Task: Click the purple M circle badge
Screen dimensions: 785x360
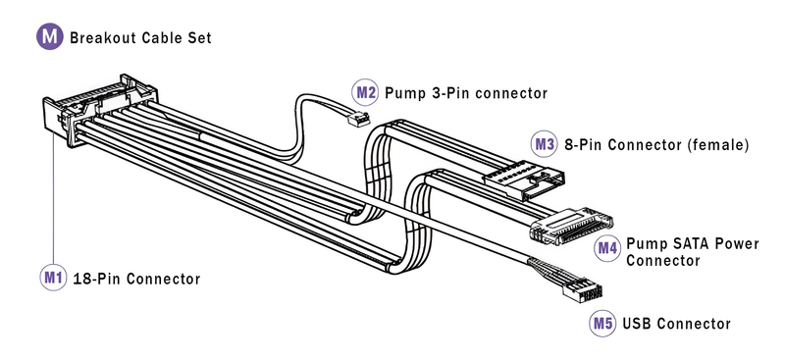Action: pos(50,36)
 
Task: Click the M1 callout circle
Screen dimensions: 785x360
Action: pos(53,278)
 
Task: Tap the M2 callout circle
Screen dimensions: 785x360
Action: pos(365,92)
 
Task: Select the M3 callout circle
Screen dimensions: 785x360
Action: pos(544,144)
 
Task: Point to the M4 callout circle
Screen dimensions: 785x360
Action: pos(606,248)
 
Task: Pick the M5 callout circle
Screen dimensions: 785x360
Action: pos(602,323)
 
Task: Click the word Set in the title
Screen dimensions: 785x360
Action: pos(199,37)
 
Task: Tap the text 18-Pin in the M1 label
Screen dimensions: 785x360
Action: pos(96,279)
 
